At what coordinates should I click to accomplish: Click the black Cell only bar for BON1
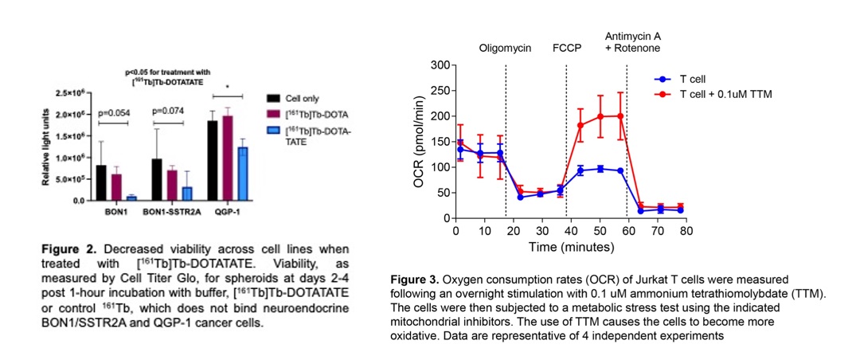[101, 182]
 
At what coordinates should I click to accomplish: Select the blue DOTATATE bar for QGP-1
[241, 173]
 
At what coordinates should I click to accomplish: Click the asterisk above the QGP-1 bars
[228, 87]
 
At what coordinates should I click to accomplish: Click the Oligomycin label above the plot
[506, 47]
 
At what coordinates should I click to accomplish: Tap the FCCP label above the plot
[567, 47]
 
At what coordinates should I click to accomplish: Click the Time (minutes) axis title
[569, 247]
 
